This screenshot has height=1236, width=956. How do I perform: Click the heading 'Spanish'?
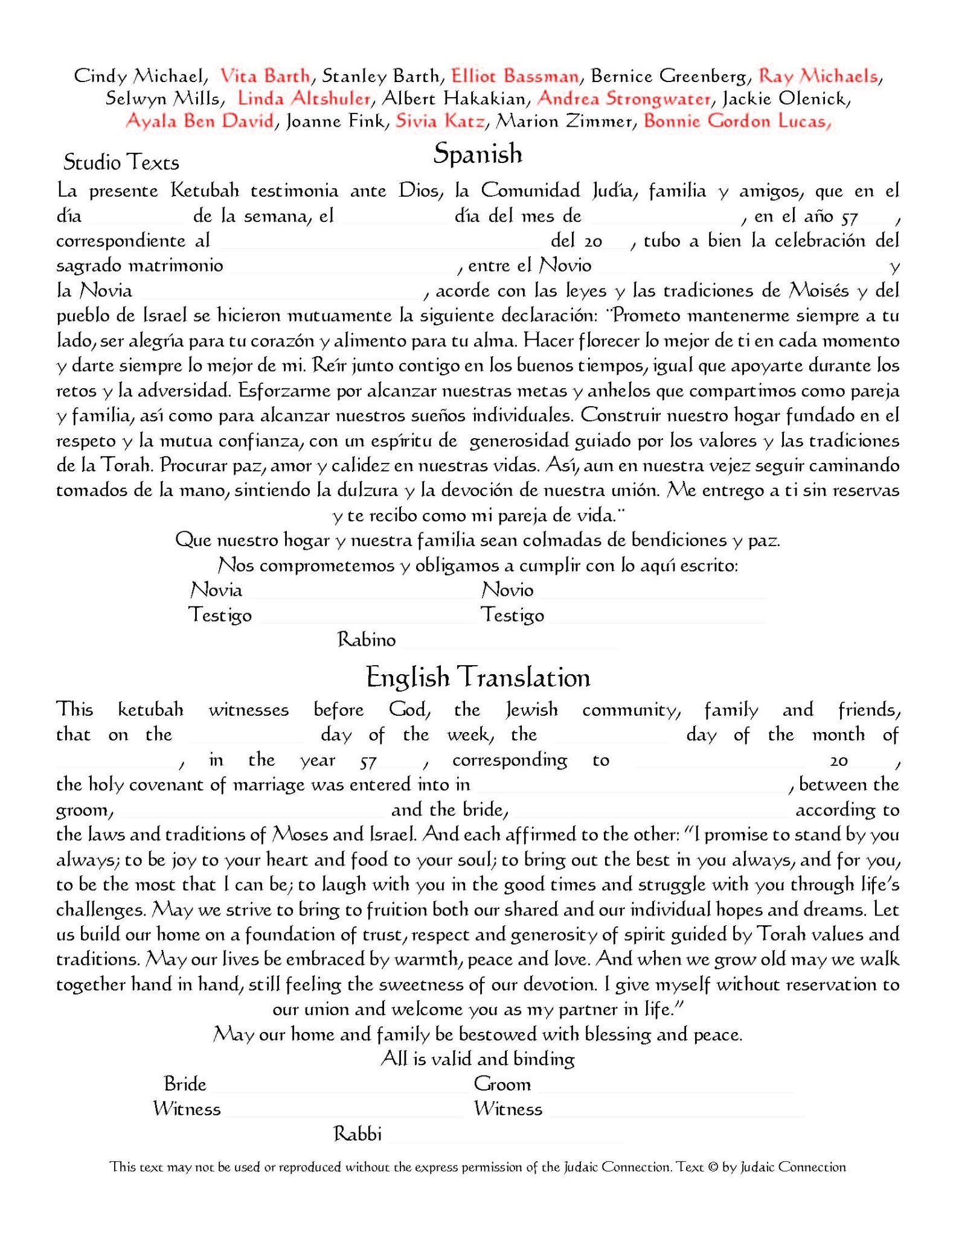477,154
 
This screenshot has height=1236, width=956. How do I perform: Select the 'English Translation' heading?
478,677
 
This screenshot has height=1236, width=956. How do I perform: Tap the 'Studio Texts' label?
121,162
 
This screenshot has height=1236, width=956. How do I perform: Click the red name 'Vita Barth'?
265,76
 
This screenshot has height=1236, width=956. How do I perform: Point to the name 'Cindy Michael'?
139,76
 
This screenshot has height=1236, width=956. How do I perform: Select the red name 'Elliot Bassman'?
515,76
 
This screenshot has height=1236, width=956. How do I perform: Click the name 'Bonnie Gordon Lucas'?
736,121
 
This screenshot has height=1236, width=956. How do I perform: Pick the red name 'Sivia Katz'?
440,121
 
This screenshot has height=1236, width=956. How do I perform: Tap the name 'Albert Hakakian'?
454,98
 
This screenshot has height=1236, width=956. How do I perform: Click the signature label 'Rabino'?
366,640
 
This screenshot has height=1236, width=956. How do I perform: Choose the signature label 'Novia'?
216,590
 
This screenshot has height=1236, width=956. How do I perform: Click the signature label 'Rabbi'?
358,1134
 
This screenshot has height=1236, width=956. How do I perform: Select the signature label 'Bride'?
185,1084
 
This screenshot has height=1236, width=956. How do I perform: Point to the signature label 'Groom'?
502,1084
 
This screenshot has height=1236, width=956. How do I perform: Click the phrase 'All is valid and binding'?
478,1059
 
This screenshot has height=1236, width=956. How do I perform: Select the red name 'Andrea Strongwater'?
624,98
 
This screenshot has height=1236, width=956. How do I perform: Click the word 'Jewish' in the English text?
531,710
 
